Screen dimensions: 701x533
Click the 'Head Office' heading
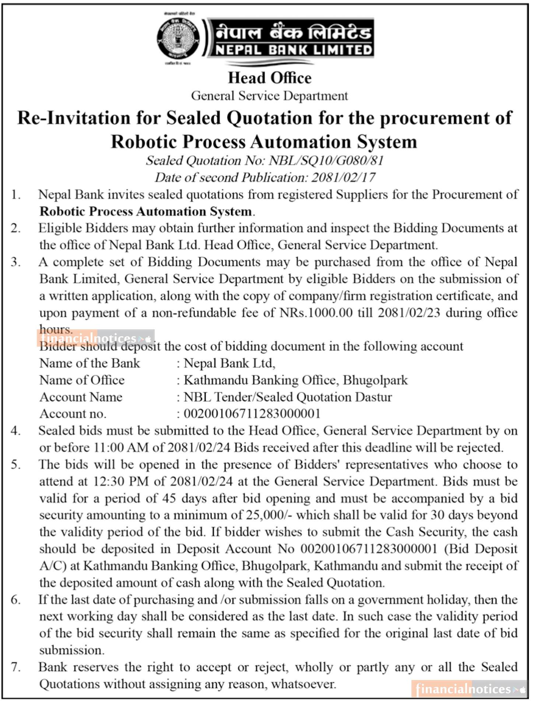point(270,78)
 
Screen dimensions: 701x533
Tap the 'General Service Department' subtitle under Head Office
point(269,96)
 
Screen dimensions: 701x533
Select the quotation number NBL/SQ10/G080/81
point(326,161)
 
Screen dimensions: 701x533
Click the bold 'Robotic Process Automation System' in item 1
point(146,211)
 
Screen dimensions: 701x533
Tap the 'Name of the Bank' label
point(90,363)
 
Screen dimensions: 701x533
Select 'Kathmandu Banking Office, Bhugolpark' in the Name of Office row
point(296,380)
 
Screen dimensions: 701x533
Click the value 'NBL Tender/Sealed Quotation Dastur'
point(288,397)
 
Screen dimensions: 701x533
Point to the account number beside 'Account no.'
point(252,414)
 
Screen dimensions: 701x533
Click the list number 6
point(15,600)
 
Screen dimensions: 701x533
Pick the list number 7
point(15,667)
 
